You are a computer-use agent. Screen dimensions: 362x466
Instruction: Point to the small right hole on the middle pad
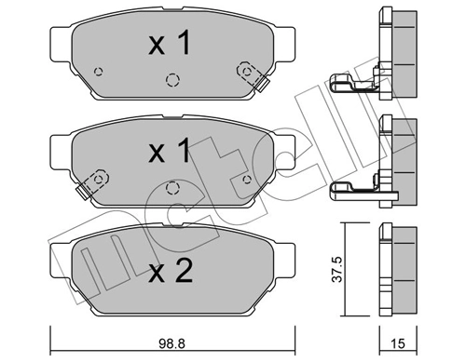click(247, 179)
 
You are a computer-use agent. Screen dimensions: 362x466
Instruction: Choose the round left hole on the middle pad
click(97, 177)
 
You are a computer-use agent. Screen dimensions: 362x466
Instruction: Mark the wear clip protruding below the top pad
click(263, 86)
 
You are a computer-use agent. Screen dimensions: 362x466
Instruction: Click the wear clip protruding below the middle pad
click(82, 194)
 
